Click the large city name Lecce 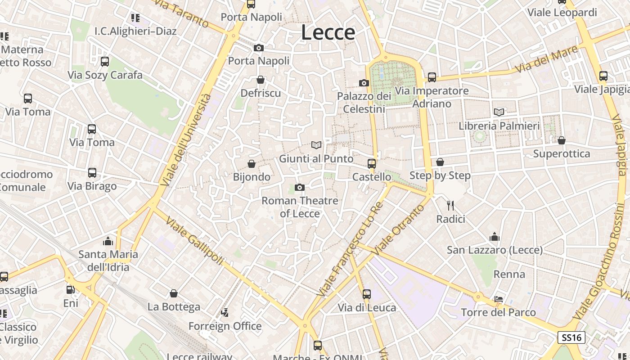coord(328,32)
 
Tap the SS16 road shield coord(571,337)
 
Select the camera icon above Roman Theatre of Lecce coord(299,187)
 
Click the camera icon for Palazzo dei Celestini coord(364,83)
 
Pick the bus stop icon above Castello coord(371,163)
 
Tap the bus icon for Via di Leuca coord(367,294)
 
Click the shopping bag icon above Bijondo coord(252,164)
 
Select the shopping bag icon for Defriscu coord(260,80)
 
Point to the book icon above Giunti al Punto coord(316,145)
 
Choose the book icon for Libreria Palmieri coord(499,112)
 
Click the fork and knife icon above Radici coord(450,206)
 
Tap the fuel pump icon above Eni coord(70,290)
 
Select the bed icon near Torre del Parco coord(498,299)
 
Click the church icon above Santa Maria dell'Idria coord(108,241)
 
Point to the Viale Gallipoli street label coord(194,241)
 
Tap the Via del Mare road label coord(546,60)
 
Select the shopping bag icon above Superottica coord(561,140)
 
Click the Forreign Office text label coord(225,326)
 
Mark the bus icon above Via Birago coord(92,173)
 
